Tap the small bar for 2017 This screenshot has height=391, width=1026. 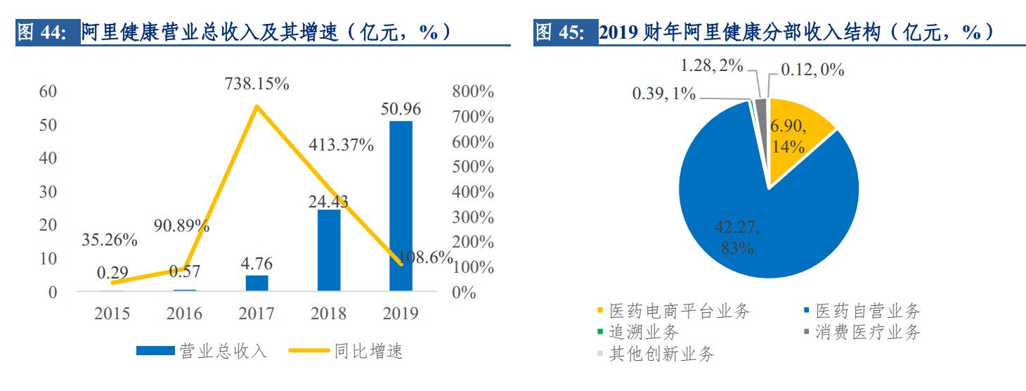256,283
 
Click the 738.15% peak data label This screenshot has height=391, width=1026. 256,84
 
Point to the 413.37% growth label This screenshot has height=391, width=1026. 342,146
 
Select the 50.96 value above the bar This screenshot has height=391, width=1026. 401,110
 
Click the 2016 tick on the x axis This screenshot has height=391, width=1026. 185,314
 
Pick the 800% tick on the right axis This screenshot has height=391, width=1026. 473,91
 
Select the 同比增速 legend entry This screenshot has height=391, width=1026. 356,350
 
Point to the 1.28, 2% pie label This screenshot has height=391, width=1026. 713,67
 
